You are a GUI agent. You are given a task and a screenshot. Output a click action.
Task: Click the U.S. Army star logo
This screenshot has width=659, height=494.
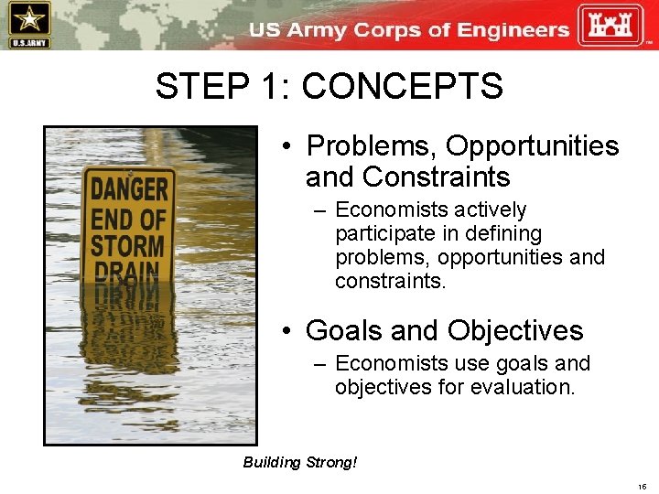(x=29, y=25)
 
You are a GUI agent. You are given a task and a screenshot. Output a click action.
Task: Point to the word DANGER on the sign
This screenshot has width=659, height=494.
(x=129, y=189)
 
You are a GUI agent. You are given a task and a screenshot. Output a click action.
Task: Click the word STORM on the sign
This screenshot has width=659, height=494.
(x=127, y=246)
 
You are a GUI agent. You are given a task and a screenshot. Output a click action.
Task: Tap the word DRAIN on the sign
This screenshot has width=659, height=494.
(x=127, y=273)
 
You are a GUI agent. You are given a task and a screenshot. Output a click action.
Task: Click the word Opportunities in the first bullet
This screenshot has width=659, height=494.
(x=533, y=146)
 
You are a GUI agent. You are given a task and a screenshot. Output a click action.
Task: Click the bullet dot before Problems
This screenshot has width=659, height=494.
(x=286, y=146)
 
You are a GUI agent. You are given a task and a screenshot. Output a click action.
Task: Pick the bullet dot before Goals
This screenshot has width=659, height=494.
(x=286, y=330)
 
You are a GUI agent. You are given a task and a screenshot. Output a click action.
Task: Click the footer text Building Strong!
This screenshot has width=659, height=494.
(x=300, y=462)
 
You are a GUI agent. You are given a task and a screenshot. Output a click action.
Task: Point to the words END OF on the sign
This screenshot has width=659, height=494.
(x=128, y=219)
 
